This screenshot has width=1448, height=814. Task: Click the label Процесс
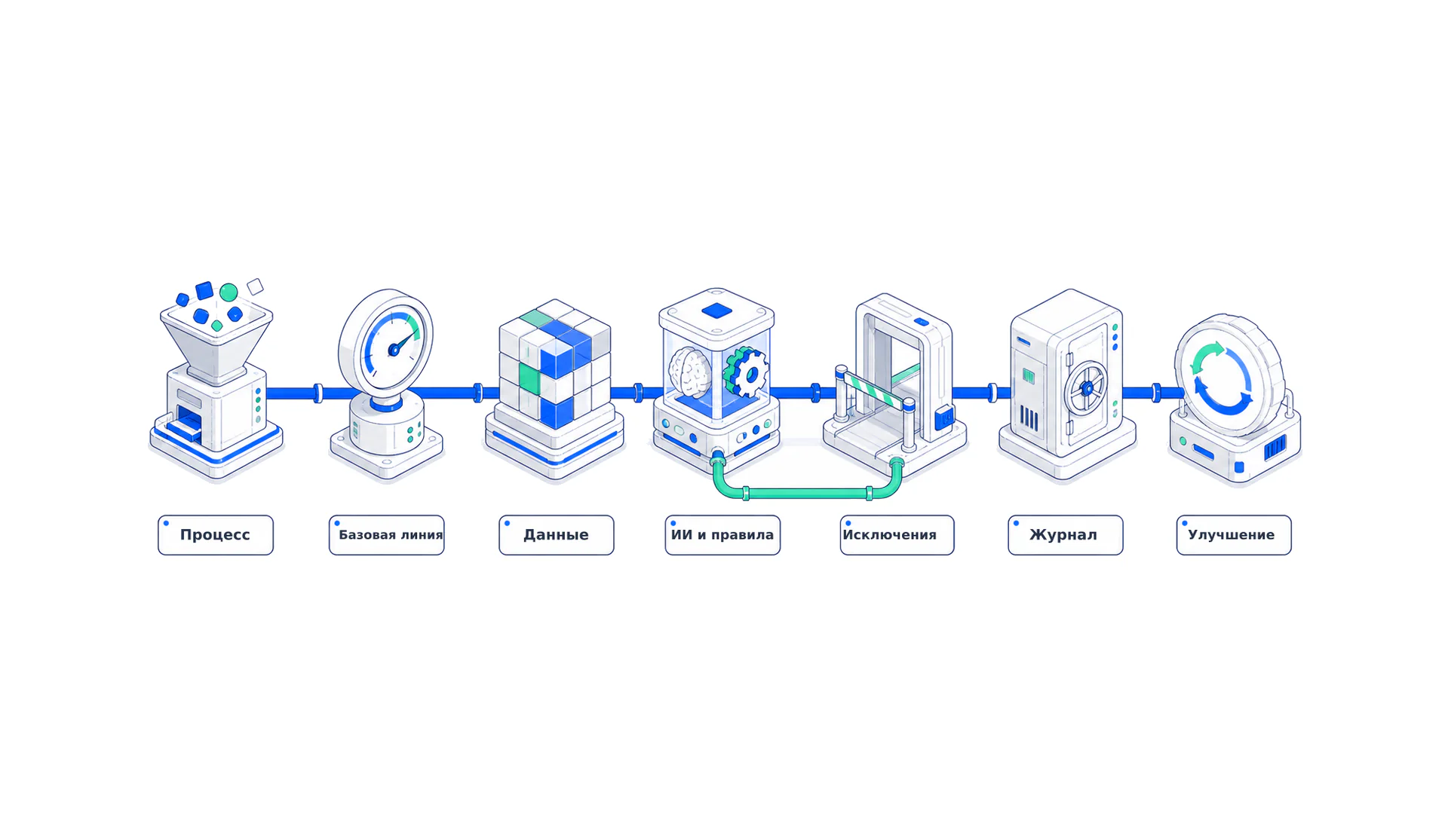215,535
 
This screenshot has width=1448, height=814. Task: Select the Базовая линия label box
386,535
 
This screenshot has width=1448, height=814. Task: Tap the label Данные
556,535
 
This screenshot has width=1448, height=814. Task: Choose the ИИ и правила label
722,535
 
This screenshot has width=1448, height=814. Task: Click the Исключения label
897,535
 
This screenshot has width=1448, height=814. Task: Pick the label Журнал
1065,535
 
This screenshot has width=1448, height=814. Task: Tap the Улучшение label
1234,535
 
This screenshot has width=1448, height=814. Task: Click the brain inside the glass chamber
690,373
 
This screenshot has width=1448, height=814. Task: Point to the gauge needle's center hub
394,350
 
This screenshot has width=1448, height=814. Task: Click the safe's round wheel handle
1087,389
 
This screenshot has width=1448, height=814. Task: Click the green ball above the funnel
229,292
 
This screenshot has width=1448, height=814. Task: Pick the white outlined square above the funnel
256,286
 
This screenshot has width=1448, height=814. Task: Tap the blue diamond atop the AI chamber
716,311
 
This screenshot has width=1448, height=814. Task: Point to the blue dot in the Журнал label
1017,523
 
